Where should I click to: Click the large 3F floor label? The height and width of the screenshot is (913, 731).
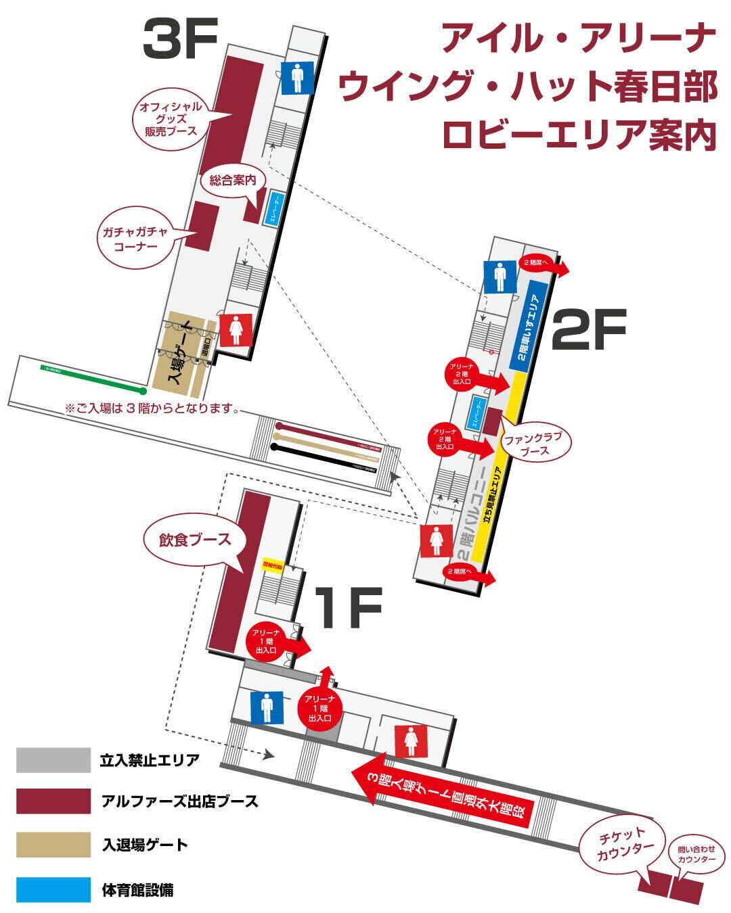(x=179, y=41)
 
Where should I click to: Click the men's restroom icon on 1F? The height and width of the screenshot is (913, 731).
(x=266, y=708)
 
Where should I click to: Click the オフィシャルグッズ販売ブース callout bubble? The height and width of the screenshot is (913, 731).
(x=170, y=118)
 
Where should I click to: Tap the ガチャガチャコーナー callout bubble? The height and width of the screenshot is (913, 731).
(x=135, y=239)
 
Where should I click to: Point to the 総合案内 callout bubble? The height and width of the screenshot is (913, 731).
(x=232, y=181)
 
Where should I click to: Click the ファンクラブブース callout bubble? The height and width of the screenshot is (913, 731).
(x=535, y=443)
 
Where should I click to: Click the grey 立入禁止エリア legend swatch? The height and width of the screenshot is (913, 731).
(x=53, y=759)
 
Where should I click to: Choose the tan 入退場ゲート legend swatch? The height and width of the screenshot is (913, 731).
(x=53, y=845)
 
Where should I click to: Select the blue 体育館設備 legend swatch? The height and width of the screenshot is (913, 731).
(x=53, y=889)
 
